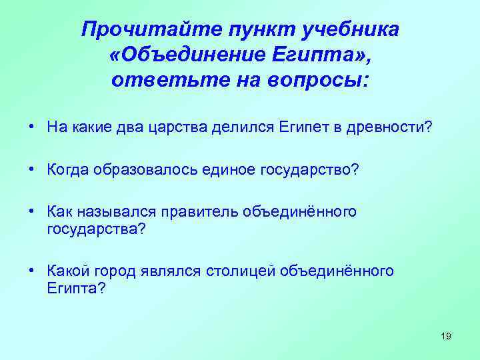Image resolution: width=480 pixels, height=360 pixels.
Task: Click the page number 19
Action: (x=446, y=336)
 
